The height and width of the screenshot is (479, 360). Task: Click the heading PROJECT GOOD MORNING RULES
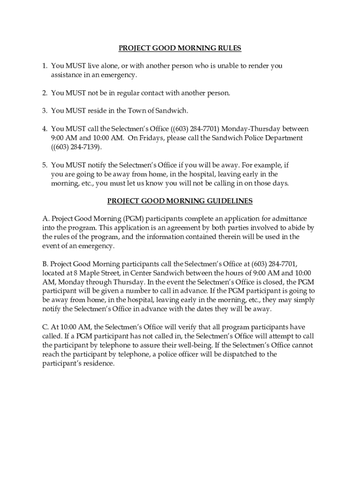click(180, 48)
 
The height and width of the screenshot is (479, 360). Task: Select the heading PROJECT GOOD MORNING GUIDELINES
click(180, 201)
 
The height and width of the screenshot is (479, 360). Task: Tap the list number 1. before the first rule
click(45, 66)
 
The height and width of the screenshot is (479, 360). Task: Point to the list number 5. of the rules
click(45, 165)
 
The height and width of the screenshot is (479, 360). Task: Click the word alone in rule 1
click(105, 66)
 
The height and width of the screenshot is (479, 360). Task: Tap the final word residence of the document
click(97, 363)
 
